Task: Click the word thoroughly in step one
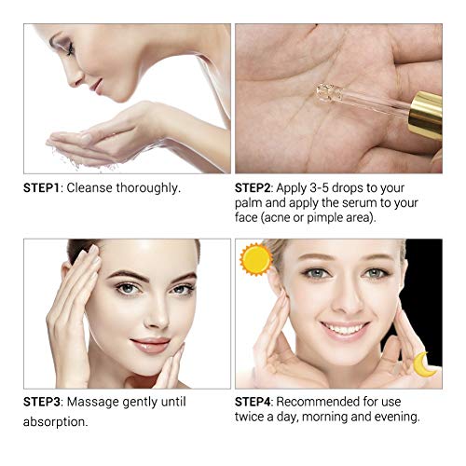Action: (x=149, y=187)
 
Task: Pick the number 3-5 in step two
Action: (x=333, y=187)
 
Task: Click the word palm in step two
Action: (x=254, y=204)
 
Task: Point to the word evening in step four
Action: (x=392, y=418)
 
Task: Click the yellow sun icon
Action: (x=254, y=259)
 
